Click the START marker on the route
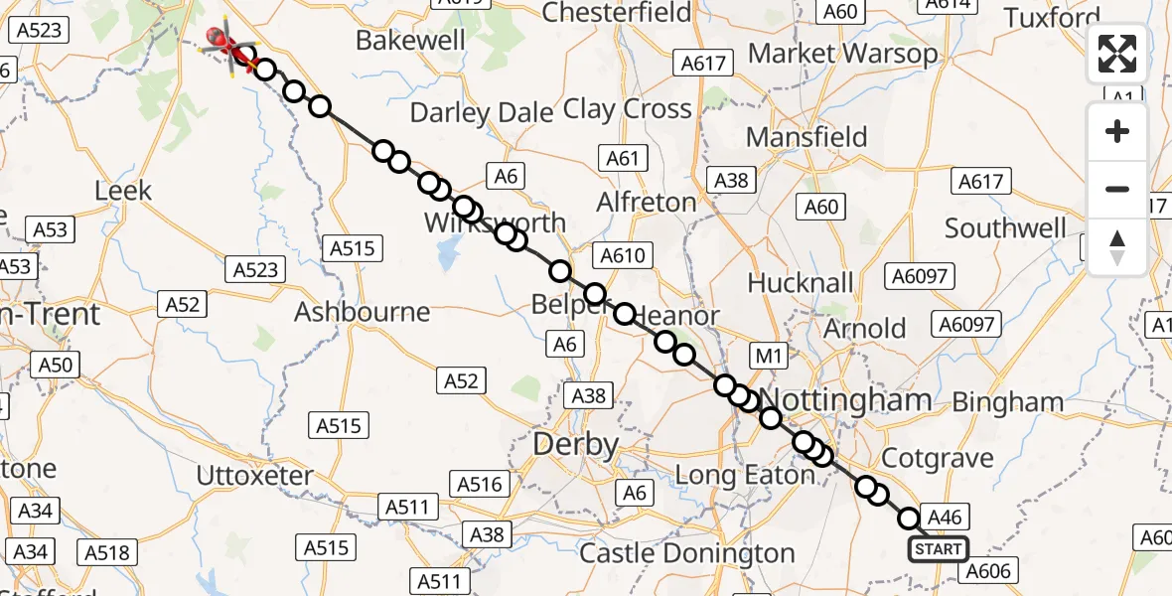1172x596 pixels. (938, 549)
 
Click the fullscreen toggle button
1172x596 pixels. (1117, 54)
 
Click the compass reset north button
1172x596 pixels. (1117, 247)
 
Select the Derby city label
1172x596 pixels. (576, 444)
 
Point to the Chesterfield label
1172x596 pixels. (617, 13)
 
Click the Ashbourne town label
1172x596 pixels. (363, 312)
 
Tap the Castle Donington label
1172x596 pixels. (687, 553)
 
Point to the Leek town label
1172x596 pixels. (123, 191)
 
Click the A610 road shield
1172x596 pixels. (623, 256)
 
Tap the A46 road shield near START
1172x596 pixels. (944, 517)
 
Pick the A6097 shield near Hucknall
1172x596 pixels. (920, 276)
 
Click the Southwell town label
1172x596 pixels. (1005, 228)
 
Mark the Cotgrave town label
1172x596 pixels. (938, 458)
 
